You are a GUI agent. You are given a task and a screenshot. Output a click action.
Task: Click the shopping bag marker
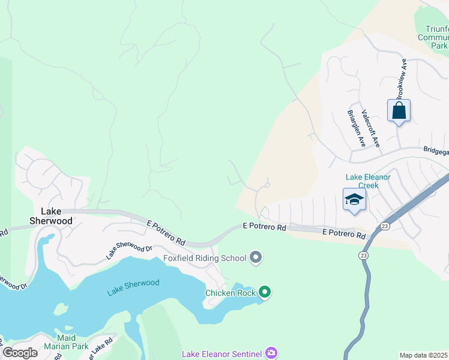[399, 111]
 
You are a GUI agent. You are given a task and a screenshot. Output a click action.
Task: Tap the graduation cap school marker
[354, 200]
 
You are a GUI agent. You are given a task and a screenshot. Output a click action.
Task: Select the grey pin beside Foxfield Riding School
[256, 258]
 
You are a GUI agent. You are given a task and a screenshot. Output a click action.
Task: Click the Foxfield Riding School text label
[205, 259]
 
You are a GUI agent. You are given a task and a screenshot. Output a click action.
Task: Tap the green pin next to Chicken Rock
[265, 292]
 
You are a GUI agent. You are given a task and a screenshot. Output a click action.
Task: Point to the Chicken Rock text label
[231, 293]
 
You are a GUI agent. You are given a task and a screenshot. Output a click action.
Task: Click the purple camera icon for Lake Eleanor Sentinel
[271, 353]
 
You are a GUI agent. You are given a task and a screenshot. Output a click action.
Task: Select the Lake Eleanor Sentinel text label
[223, 354]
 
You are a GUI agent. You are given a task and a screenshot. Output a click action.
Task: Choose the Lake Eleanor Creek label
[368, 181]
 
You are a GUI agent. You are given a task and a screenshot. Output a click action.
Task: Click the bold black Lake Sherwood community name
[56, 216]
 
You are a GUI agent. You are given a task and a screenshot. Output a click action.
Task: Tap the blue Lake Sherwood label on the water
[133, 288]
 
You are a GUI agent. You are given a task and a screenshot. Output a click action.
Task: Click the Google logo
[20, 353]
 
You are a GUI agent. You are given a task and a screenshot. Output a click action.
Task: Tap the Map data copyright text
[424, 355]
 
